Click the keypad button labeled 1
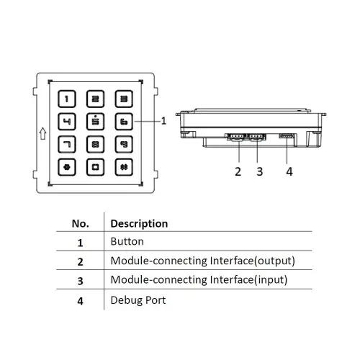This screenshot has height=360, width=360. coord(67,99)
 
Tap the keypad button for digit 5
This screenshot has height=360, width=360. coord(95,122)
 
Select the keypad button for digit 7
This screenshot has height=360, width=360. coord(67,144)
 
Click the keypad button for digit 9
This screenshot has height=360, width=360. coord(124,144)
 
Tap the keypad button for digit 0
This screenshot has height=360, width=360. coord(95,167)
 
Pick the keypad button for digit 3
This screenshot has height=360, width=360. coord(124,99)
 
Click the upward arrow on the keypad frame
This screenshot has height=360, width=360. coord(43,133)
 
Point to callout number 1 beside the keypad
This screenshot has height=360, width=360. coord(163,121)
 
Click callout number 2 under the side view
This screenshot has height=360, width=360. coord(238,171)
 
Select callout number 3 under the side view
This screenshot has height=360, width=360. coord(260,171)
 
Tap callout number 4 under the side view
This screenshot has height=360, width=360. coord(289,171)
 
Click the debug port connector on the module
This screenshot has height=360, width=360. coord(287,136)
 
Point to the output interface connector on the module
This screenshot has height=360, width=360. coord(236,138)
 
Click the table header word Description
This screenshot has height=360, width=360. coord(139,224)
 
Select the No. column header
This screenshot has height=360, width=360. coord(81,224)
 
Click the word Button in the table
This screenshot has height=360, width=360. coord(127,241)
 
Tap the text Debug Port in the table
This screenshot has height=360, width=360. coord(138,300)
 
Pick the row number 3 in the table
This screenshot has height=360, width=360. coord(81,281)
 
